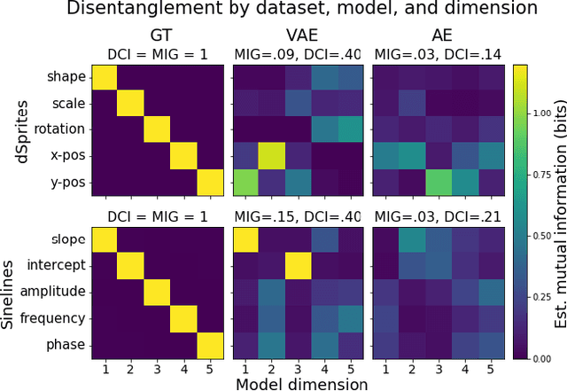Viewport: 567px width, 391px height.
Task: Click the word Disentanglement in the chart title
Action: point(114,10)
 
